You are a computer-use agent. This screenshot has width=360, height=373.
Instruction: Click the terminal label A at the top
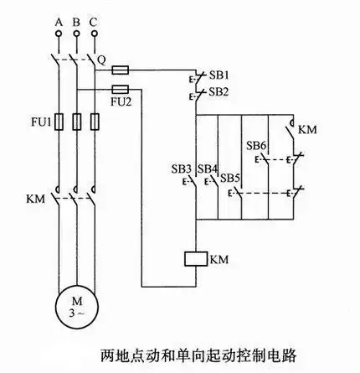coord(58,20)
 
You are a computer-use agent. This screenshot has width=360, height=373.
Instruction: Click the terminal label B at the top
coord(76,20)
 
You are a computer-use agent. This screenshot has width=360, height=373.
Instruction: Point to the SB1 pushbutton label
coord(218,74)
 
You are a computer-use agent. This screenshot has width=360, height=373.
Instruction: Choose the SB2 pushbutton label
coord(218,91)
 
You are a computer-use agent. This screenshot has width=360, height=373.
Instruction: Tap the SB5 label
coord(230,178)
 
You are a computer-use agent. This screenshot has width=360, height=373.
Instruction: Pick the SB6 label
coord(256,145)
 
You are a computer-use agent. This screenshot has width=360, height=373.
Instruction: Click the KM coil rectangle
coord(194,258)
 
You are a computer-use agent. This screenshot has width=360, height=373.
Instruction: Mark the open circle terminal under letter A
coord(58,34)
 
